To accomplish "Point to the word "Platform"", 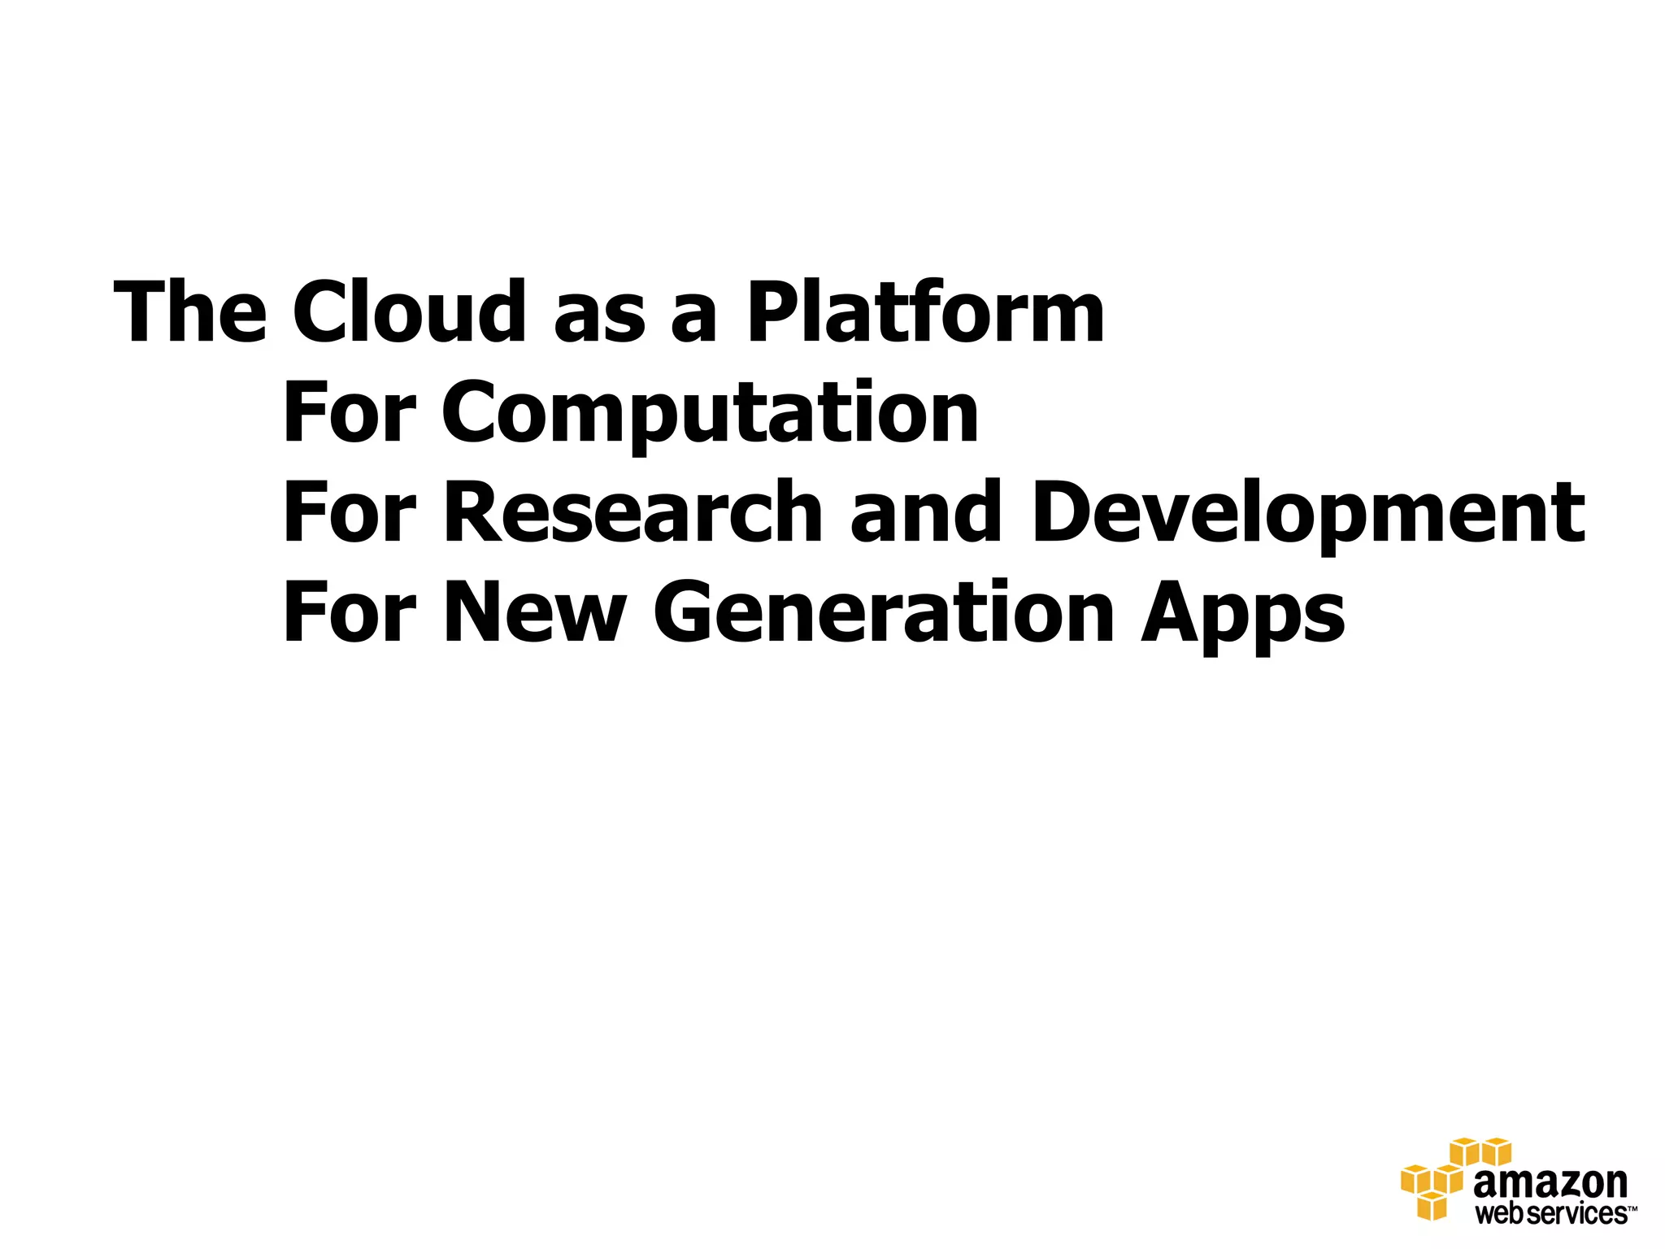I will (925, 312).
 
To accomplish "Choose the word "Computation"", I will (710, 415).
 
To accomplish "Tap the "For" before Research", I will (349, 512).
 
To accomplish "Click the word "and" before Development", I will (925, 512).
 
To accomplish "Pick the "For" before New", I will (349, 612).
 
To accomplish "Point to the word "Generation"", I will (883, 612).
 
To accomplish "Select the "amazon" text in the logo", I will (1550, 1184).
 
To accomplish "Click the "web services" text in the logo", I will (1550, 1214).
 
